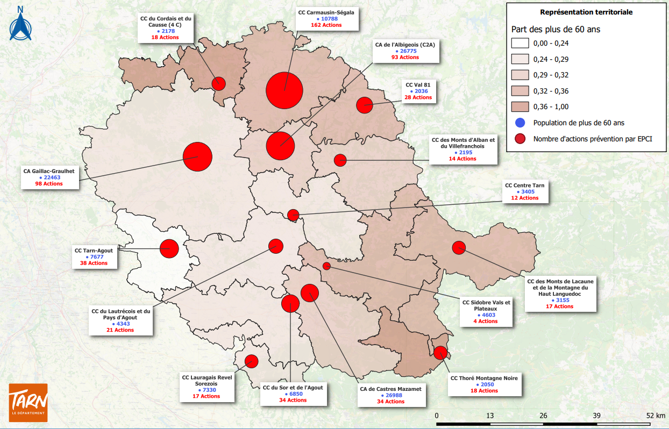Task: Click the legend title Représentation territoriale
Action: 586,11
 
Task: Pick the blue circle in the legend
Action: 519,123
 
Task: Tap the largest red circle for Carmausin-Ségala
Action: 284,90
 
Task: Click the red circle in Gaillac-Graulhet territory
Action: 198,157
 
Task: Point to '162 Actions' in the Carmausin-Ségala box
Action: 326,25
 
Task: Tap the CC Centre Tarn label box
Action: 524,191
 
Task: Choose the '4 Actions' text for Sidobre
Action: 485,321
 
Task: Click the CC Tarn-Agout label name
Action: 94,251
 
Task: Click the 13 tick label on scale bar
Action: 490,416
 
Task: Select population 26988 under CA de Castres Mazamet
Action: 391,395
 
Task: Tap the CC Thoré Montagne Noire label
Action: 484,378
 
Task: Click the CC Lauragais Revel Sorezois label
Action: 207,381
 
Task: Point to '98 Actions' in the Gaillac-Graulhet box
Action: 49,184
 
